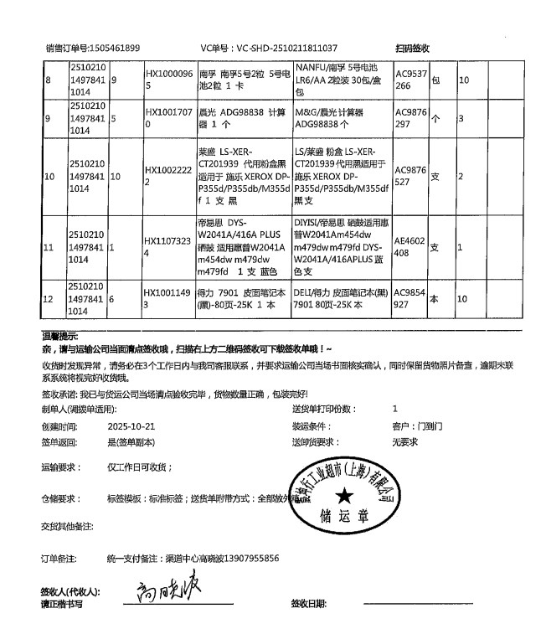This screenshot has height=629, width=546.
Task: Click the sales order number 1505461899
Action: (x=117, y=49)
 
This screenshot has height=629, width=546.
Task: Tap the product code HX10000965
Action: (x=170, y=80)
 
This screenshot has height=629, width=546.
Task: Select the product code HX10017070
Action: (x=170, y=118)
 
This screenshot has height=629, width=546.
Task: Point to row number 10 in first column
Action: (x=49, y=177)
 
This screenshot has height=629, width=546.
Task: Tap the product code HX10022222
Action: (x=170, y=177)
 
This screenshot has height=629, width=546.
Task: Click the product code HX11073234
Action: (x=170, y=248)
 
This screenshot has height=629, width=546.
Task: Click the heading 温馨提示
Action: (x=59, y=335)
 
